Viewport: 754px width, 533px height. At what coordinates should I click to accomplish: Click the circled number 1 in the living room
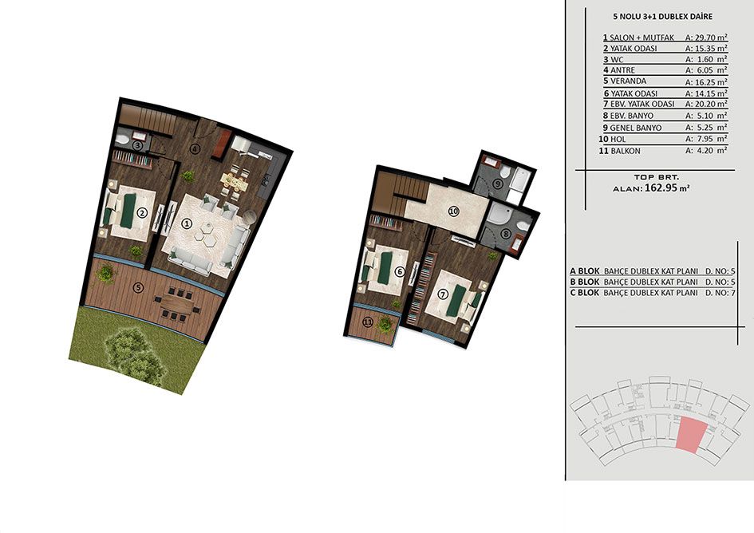pos(187,223)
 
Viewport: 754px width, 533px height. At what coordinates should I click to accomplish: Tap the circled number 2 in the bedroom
pos(142,212)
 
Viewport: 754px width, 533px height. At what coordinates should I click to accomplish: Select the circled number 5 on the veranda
pos(139,288)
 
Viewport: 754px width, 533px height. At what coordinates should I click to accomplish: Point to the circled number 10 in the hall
pos(453,210)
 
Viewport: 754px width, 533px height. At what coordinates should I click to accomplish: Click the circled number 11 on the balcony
pos(368,322)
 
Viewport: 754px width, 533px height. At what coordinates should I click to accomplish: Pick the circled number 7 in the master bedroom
pos(444,294)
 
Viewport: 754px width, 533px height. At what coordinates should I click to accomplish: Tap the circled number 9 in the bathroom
pos(498,184)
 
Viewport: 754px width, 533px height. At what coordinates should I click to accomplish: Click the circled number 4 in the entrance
pos(195,148)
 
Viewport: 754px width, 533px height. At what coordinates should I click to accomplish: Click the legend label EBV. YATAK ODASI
pos(642,104)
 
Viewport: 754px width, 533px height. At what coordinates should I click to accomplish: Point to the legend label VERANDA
pos(628,81)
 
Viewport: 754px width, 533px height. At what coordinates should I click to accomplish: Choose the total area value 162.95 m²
pos(668,188)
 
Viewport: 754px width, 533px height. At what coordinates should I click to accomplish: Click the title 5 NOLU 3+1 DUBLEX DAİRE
pos(662,16)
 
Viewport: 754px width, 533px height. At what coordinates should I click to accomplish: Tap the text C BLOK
pos(585,293)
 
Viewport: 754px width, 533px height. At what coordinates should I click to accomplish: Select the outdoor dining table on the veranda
pos(176,303)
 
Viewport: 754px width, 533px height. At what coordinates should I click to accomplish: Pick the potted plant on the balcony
pos(385,324)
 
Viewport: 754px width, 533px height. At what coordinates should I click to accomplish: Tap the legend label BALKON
pos(625,151)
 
